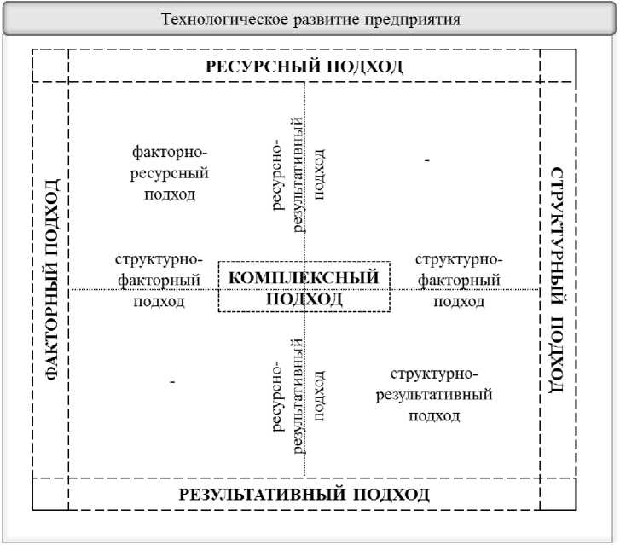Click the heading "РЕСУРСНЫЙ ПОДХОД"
point(304,67)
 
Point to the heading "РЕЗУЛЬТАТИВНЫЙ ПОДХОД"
point(304,495)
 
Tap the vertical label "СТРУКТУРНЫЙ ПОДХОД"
point(557,279)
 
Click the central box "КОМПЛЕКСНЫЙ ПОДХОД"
point(304,287)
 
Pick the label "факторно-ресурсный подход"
point(171,173)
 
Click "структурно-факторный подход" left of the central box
point(159,281)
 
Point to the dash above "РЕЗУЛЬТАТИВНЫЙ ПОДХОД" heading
point(172,382)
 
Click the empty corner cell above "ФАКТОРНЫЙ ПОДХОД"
point(50,67)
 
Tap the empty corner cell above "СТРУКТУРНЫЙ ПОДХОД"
point(557,67)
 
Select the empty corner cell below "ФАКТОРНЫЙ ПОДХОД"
point(50,494)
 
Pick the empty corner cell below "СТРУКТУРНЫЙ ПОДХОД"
point(557,494)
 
